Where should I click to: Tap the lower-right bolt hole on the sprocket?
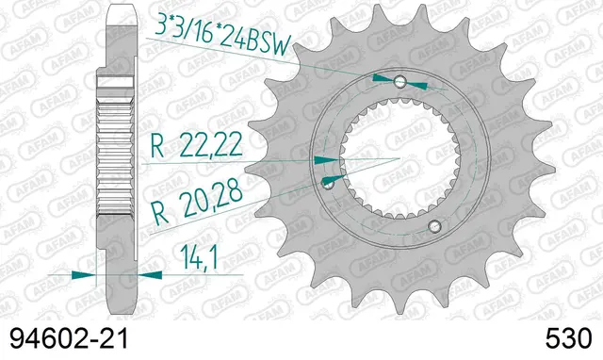[434, 225]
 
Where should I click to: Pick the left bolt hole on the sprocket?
[329, 180]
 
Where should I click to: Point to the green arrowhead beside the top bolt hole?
[382, 77]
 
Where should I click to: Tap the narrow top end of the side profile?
[118, 19]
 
